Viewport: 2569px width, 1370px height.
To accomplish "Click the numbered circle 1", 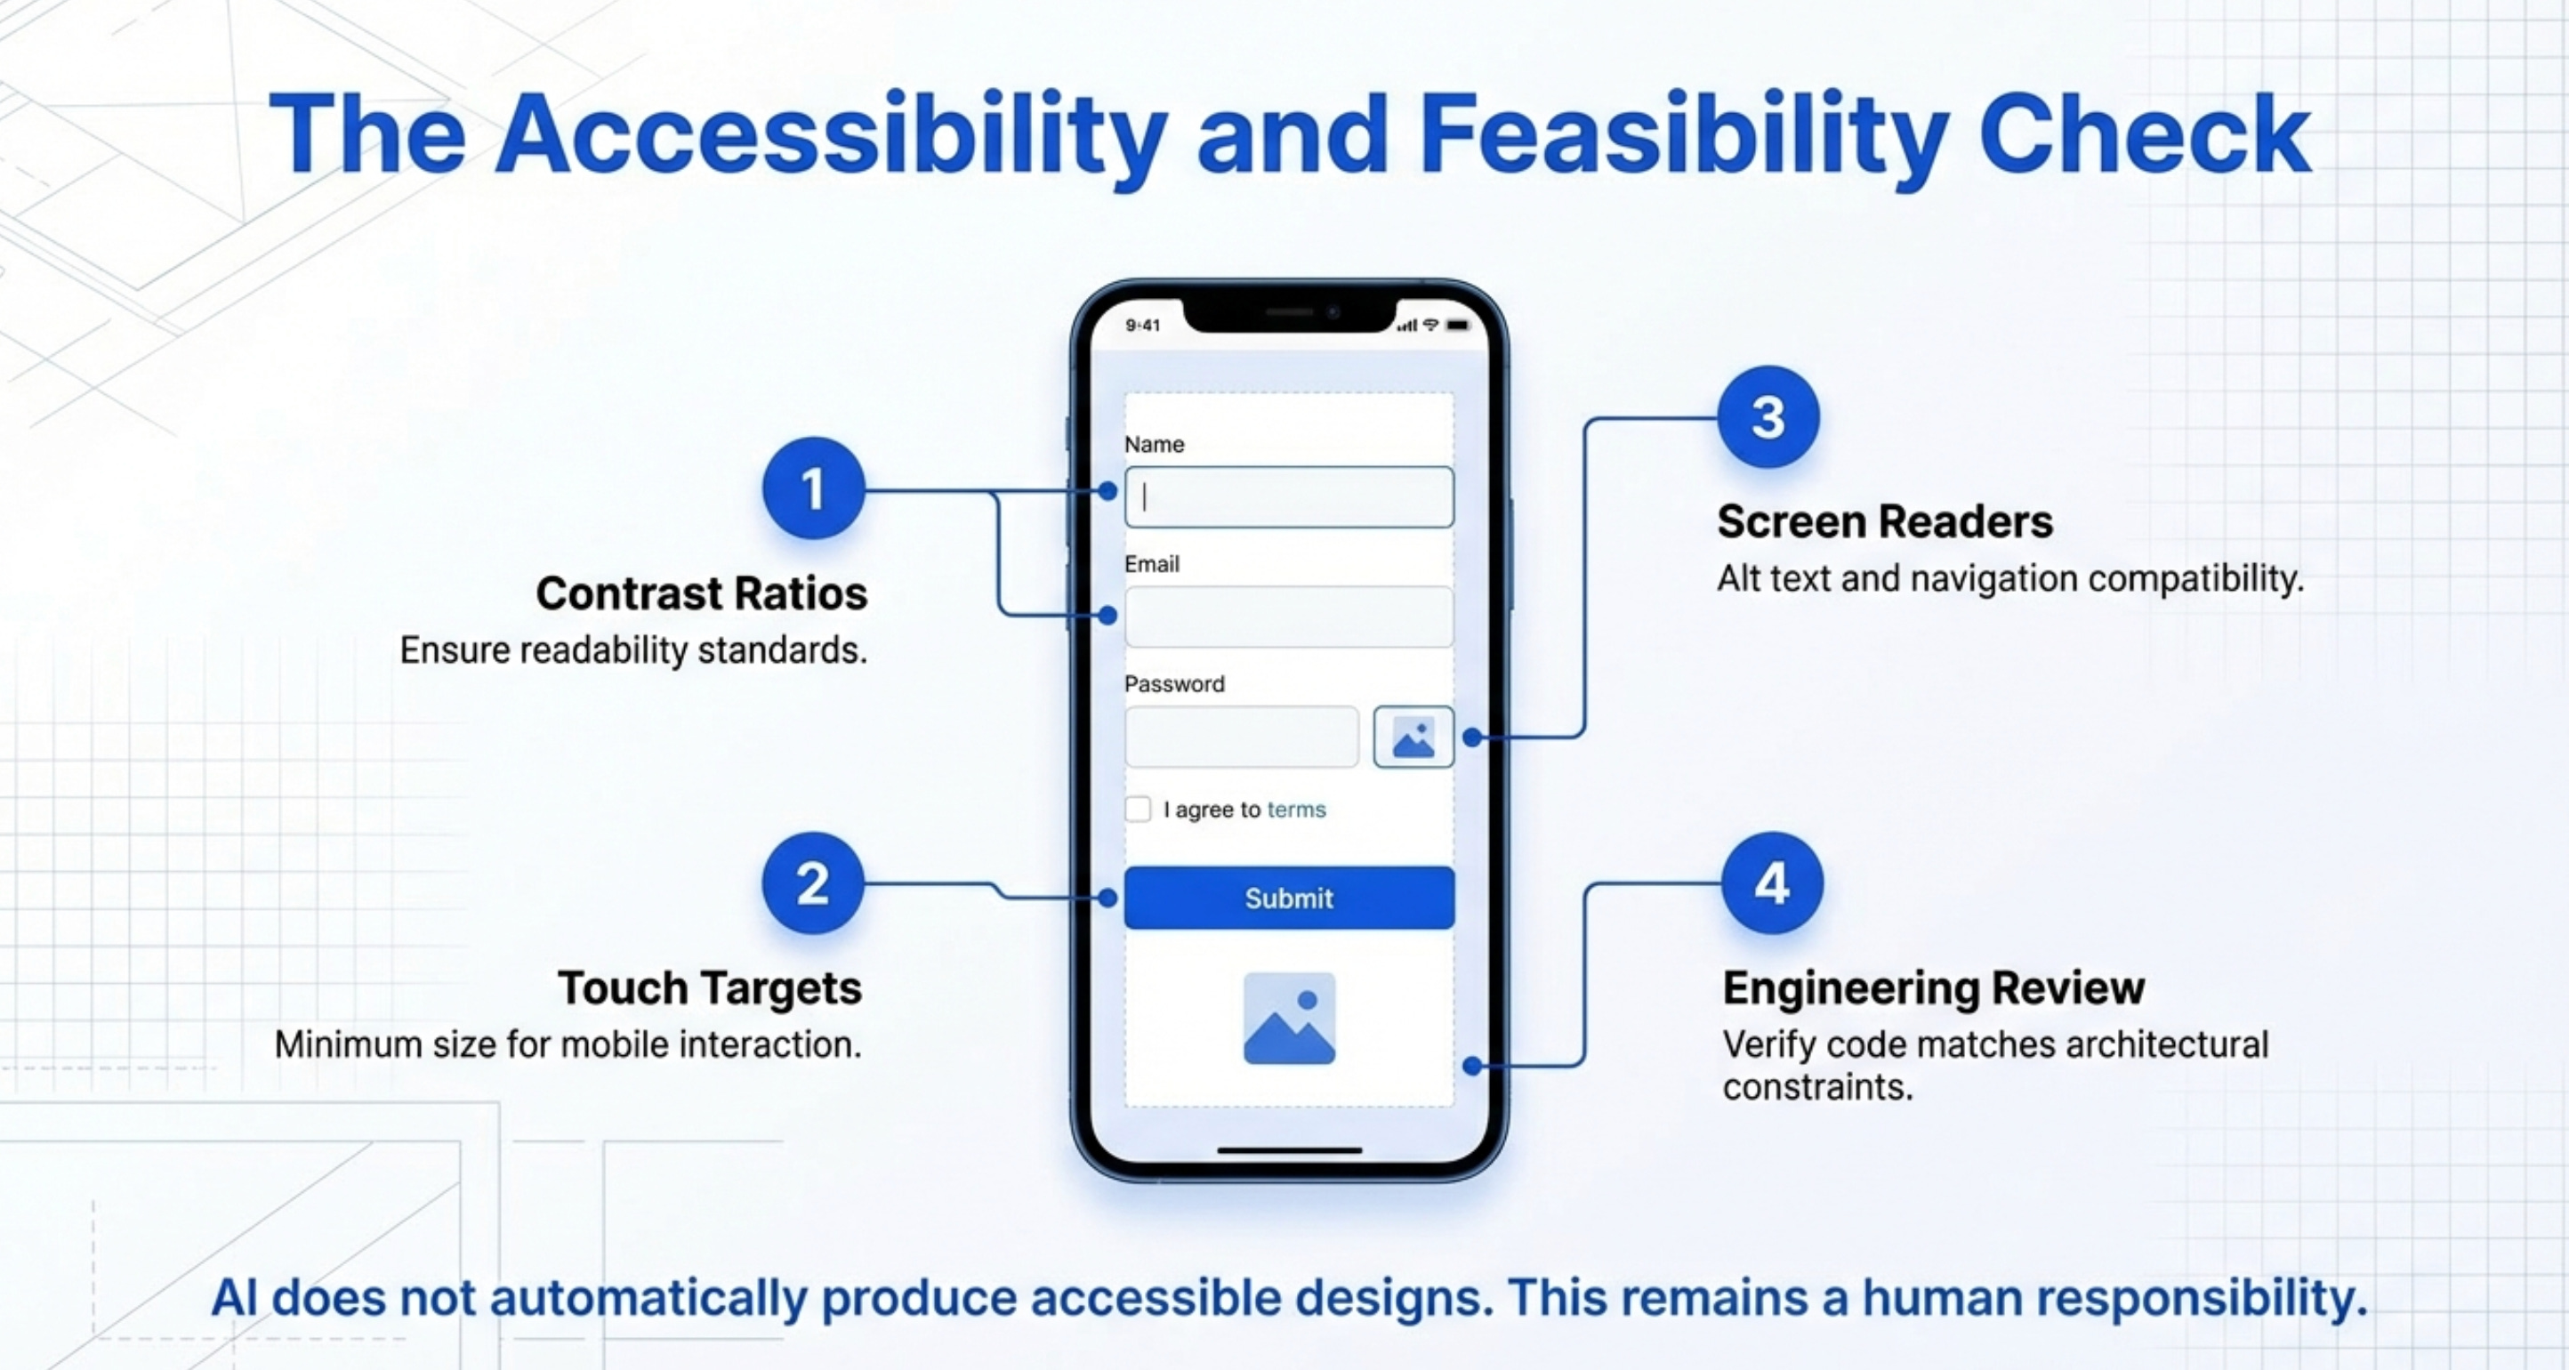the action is tap(813, 488).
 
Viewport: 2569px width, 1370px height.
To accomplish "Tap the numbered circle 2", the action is tap(813, 883).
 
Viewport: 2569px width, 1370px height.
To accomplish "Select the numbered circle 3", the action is tap(1768, 417).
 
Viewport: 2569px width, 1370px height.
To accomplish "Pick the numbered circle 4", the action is tap(1772, 883).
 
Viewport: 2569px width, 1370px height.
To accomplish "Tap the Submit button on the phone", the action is tap(1288, 898).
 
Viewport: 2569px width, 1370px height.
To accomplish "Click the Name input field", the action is tap(1288, 496).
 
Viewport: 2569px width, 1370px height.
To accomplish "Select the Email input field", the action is tap(1288, 617).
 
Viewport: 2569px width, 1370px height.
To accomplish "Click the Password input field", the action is tap(1242, 737).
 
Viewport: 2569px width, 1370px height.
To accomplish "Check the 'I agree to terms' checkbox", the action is tap(1138, 809).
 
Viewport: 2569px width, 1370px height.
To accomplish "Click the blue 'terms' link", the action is tap(1296, 810).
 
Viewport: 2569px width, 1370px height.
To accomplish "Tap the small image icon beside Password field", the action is tap(1413, 737).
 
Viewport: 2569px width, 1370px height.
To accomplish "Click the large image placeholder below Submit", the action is tap(1288, 1018).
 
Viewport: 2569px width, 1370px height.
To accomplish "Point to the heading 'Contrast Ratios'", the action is tap(701, 593).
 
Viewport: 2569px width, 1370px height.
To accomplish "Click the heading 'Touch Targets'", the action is tap(709, 988).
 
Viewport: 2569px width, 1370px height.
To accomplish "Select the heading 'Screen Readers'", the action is tap(1885, 521).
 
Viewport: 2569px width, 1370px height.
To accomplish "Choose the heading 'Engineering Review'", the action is tap(1934, 988).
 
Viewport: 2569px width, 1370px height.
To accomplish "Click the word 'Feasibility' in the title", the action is tap(1683, 134).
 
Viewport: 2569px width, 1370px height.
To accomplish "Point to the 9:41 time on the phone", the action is tap(1143, 325).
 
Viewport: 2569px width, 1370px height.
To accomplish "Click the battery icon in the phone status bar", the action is tap(1458, 325).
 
